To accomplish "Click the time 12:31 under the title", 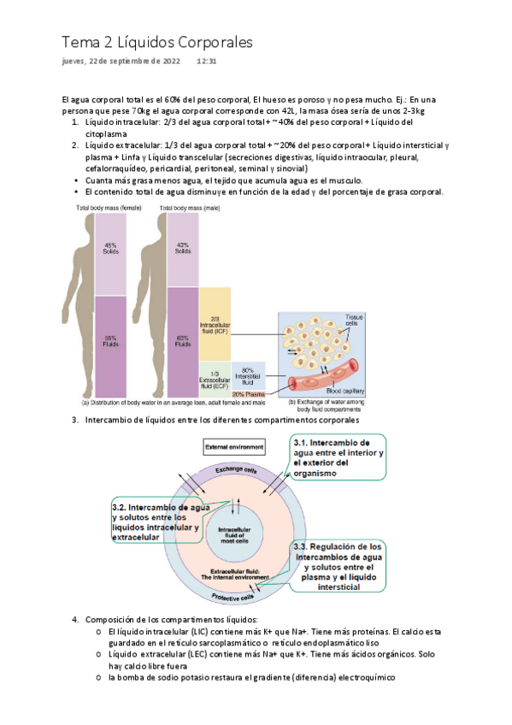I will pyautogui.click(x=206, y=62).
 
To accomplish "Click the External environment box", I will pyautogui.click(x=233, y=447).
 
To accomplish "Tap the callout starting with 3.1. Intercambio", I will pyautogui.click(x=338, y=460).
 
